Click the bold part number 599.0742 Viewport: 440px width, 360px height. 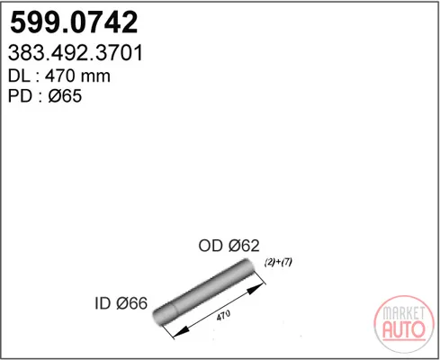[74, 22]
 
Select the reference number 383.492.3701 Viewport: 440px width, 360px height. [76, 53]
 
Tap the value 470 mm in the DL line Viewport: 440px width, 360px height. [77, 76]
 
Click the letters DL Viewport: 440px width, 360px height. [19, 76]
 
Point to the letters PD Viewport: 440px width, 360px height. [20, 96]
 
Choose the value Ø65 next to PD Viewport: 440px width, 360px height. [65, 96]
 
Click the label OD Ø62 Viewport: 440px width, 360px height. [229, 246]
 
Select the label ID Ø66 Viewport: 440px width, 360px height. [121, 303]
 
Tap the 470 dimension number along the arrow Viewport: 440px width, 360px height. [223, 315]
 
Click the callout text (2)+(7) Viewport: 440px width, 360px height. [278, 262]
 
